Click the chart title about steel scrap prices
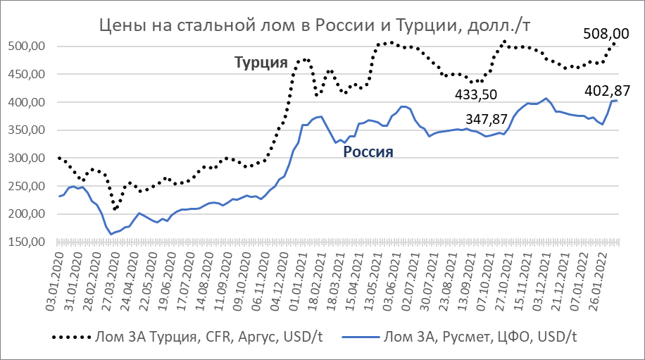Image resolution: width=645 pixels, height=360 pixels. tap(314, 25)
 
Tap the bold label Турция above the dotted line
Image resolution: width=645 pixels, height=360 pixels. tap(261, 63)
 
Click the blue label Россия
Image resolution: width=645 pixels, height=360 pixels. tap(368, 151)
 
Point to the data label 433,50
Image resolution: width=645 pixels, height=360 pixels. tap(482, 94)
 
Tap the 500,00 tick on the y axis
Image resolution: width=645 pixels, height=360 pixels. tap(30, 46)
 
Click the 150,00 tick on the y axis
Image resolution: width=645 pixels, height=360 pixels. tap(30, 242)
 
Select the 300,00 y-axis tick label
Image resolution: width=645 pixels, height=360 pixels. tap(30, 158)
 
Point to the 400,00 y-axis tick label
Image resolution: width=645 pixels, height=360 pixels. tap(30, 102)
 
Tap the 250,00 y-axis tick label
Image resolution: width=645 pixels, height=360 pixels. tap(30, 186)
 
